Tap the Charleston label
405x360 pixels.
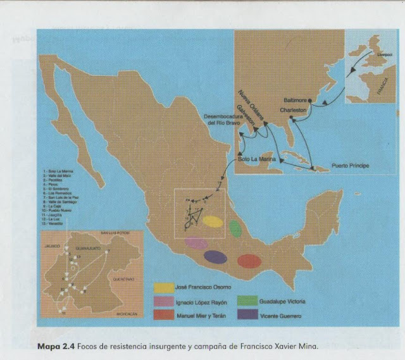pos(291,109)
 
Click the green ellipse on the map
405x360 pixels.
pos(236,229)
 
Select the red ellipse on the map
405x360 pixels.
pos(248,261)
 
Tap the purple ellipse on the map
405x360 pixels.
pos(215,257)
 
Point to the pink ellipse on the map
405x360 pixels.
pos(196,243)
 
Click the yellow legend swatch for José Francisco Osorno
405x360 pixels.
pos(165,289)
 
